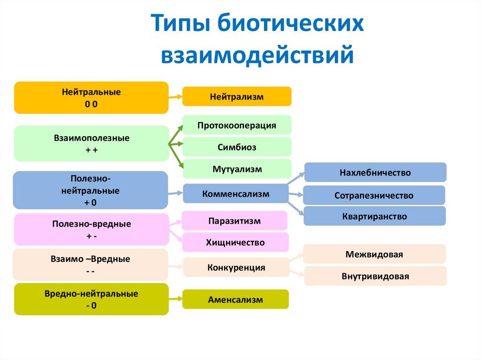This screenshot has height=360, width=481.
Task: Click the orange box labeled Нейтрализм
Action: tap(237, 97)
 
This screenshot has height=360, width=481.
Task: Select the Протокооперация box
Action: tap(237, 125)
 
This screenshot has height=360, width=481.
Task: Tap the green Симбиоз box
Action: tap(237, 147)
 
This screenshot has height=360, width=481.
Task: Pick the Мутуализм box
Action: tap(237, 169)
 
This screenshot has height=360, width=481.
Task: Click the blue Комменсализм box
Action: tap(236, 193)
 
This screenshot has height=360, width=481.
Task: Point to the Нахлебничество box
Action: tap(375, 172)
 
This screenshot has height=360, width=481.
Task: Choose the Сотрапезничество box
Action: tap(374, 195)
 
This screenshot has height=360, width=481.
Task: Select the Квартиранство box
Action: tap(374, 216)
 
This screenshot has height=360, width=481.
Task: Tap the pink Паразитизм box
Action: tap(234, 221)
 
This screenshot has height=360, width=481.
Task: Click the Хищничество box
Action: tap(235, 242)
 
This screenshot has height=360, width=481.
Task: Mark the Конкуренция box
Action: tap(236, 268)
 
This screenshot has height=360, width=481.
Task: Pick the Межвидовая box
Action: tap(374, 254)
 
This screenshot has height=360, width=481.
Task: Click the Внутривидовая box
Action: tap(375, 276)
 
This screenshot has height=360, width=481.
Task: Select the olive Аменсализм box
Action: tap(236, 299)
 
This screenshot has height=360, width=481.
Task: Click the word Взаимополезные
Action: tap(92, 138)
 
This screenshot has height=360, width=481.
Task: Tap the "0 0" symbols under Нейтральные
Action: tap(91, 104)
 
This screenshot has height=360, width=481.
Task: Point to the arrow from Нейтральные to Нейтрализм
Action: tap(176, 97)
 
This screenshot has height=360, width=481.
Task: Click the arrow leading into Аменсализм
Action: tap(176, 299)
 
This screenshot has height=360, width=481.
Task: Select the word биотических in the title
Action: tap(291, 23)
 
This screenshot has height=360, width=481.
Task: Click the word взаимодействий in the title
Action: tap(257, 54)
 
